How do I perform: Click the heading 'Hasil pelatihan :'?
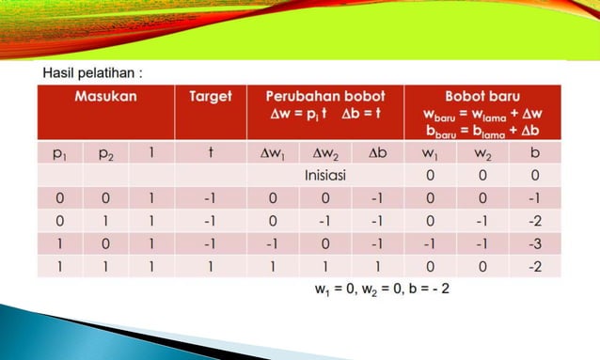(x=92, y=72)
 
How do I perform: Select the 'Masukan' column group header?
(x=104, y=96)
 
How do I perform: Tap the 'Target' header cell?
(x=211, y=96)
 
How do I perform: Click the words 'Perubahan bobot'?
(x=324, y=96)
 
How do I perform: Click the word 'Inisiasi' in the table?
(x=324, y=175)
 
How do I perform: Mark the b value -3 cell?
(x=534, y=244)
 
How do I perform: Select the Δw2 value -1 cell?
(x=324, y=222)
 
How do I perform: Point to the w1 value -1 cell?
(x=429, y=244)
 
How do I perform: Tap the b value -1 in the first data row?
(x=534, y=198)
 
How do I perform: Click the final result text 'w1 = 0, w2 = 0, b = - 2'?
(x=382, y=289)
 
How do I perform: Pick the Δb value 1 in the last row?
(x=377, y=267)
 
